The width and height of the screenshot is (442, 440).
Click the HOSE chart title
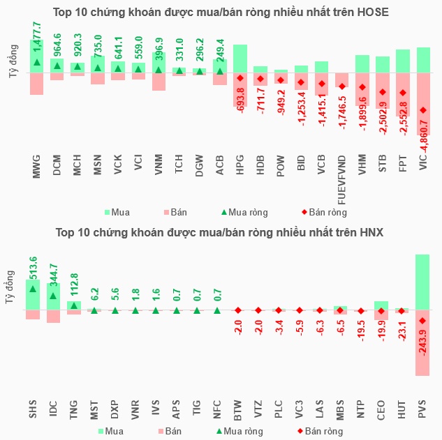coord(221,13)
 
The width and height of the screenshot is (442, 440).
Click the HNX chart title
coord(221,232)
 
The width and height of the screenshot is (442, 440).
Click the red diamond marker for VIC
coord(422,109)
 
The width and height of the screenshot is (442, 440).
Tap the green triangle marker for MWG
coord(36,63)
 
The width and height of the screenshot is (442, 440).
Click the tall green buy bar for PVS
coord(422,282)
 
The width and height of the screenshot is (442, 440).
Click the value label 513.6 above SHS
coord(33,268)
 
